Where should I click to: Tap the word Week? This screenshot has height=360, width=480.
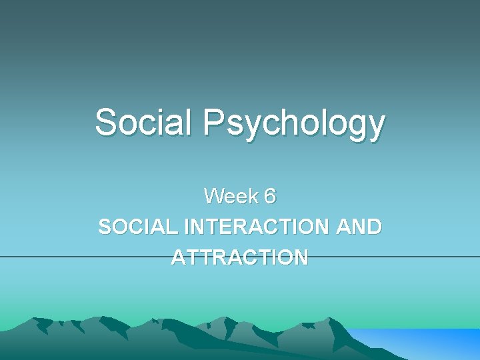coord(229,196)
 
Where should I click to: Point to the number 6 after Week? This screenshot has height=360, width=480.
coord(269,196)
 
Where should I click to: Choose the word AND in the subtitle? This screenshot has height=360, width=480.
coord(359,227)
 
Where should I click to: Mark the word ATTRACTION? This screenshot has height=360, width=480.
coord(239,257)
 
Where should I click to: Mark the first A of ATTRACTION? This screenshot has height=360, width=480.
coord(179,257)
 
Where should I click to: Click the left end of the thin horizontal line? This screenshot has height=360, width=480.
coord(2,257)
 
